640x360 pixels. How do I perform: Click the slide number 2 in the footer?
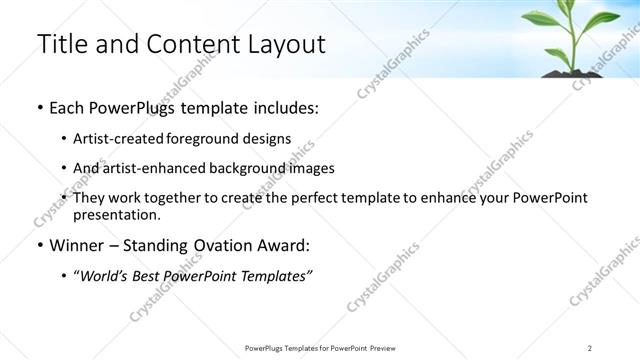590,347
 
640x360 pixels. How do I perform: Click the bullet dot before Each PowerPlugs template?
39,108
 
